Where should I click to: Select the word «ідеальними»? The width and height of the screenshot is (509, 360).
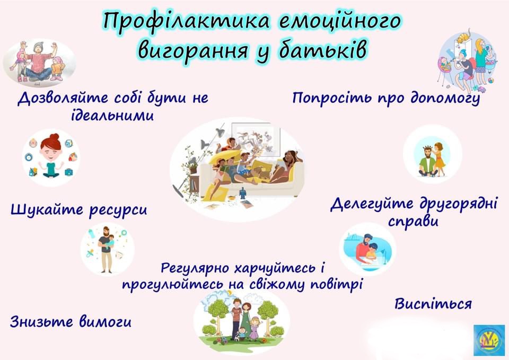coord(112,116)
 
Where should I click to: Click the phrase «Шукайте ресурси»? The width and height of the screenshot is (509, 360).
coord(79,209)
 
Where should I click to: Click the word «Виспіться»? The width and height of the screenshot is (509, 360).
coord(433,304)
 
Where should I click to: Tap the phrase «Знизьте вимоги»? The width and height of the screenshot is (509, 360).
coord(71,322)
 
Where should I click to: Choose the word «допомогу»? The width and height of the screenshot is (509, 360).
coord(445,98)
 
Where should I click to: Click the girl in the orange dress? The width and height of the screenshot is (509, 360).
coord(440,160)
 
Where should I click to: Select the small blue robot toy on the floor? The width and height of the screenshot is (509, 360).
coord(243,194)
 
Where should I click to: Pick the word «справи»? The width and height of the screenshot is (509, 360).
coord(413,222)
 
